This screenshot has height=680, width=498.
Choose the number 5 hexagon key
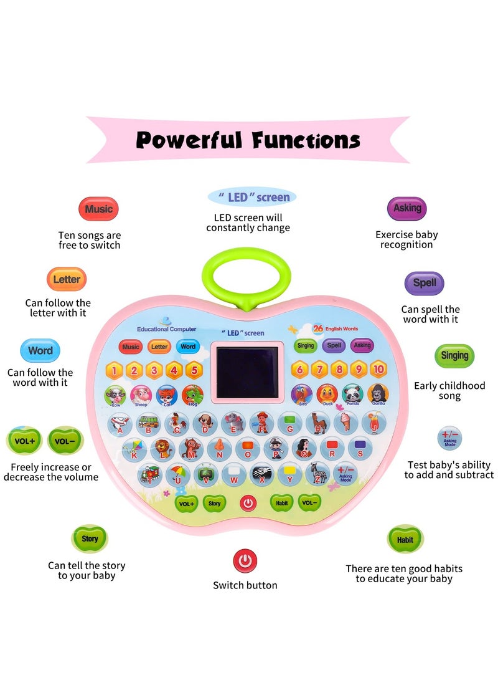pos(194,370)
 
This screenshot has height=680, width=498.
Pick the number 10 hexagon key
pos(378,369)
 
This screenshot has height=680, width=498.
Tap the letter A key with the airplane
pos(120,424)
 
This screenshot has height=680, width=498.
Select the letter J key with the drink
pos(372,424)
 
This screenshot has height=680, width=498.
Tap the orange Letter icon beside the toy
pos(66,279)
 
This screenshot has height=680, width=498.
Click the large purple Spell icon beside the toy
pos(424,282)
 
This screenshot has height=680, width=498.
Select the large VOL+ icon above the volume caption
pos(24,440)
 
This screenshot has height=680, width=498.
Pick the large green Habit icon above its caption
pos(405,539)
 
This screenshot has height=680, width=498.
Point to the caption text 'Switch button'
pos(245,585)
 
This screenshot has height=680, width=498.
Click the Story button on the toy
pos(215,502)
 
